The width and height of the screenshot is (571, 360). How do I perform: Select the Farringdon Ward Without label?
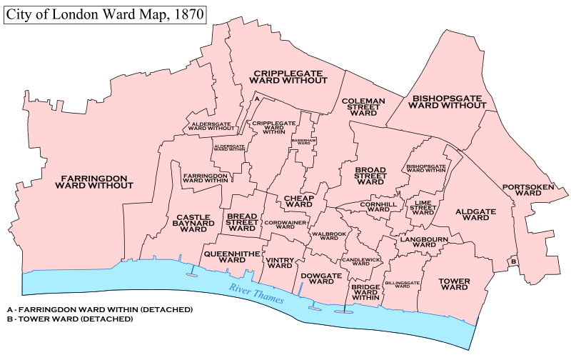pyautogui.click(x=97, y=181)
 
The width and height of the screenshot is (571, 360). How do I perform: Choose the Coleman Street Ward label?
pyautogui.click(x=363, y=107)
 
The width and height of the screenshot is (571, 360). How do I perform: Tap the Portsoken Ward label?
pyautogui.click(x=527, y=189)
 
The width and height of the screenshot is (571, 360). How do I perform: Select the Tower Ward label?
pyautogui.click(x=454, y=285)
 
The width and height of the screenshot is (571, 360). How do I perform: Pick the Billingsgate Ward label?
pyautogui.click(x=402, y=284)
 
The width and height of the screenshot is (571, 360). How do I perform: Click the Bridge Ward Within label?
pyautogui.click(x=364, y=292)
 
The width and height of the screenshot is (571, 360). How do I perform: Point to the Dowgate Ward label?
pyautogui.click(x=317, y=278)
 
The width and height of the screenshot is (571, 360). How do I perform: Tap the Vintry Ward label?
pyautogui.click(x=280, y=263)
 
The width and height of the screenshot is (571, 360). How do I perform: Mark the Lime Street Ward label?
pyautogui.click(x=423, y=207)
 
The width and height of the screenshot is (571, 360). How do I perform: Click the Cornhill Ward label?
pyautogui.click(x=378, y=206)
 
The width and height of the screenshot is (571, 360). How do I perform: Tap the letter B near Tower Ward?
pyautogui.click(x=512, y=262)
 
